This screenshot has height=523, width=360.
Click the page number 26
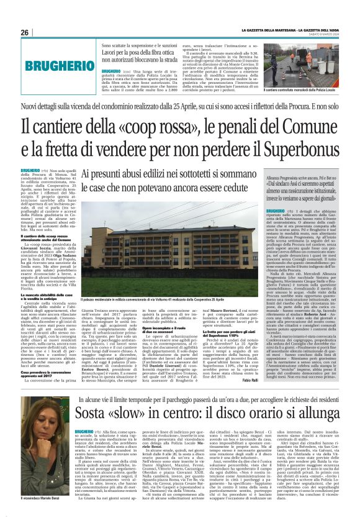point(25,32)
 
